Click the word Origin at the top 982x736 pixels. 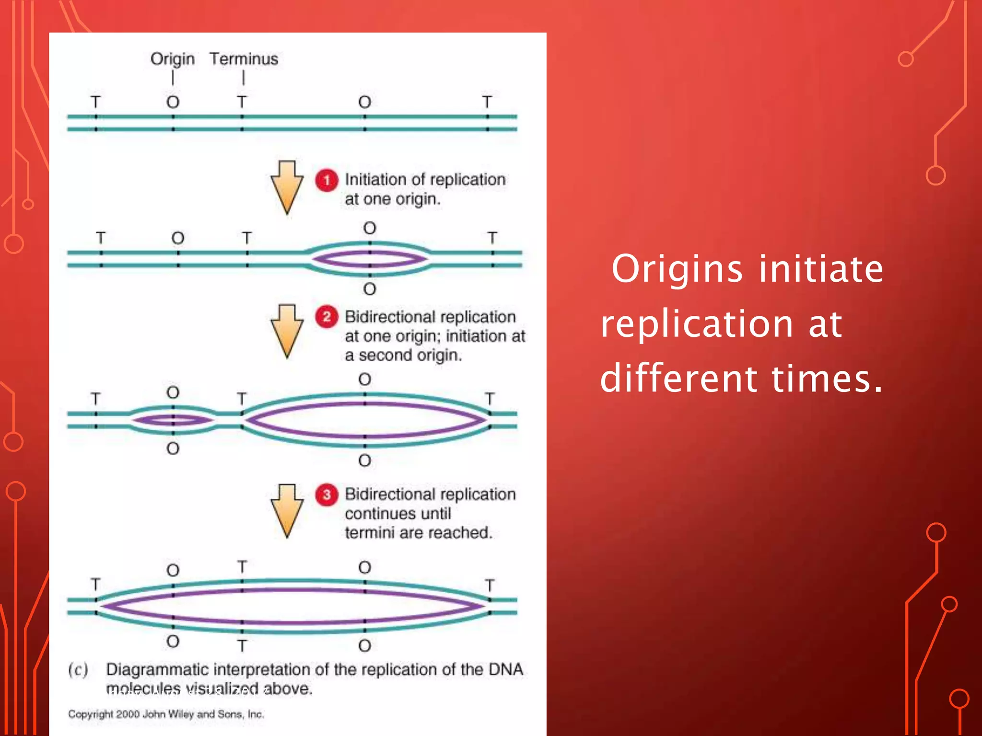[x=172, y=59]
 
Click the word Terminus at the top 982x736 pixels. [x=244, y=59]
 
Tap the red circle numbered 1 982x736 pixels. [x=327, y=181]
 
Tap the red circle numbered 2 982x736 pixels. [x=327, y=317]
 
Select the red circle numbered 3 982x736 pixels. [x=327, y=494]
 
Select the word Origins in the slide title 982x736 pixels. [x=677, y=269]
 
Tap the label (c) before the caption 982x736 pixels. [x=78, y=669]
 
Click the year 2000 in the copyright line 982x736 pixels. [x=128, y=714]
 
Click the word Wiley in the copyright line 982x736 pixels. [x=181, y=714]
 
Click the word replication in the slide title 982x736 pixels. [x=697, y=325]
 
